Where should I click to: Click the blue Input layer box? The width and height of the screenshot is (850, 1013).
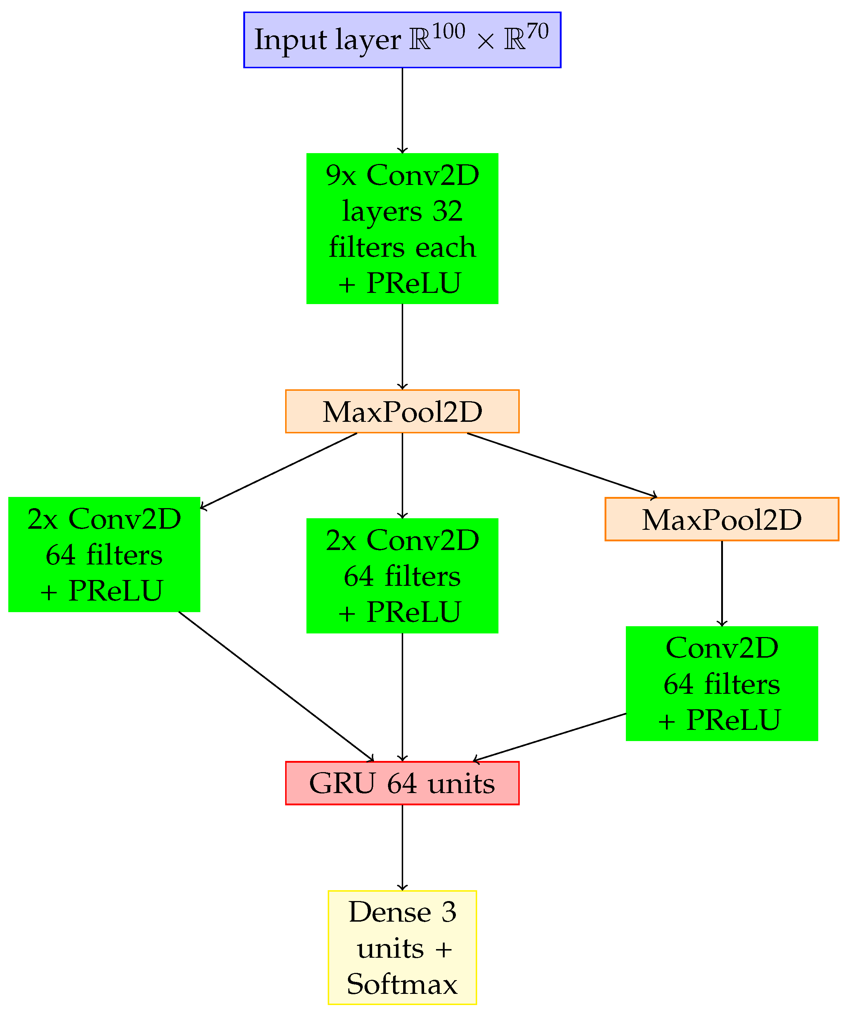tap(402, 40)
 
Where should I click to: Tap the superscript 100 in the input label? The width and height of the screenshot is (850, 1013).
tap(448, 32)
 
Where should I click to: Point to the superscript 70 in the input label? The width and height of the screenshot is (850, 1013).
tap(537, 32)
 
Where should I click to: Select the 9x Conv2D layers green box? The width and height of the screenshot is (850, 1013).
tap(402, 228)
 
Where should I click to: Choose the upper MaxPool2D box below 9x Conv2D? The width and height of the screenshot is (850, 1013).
tap(402, 411)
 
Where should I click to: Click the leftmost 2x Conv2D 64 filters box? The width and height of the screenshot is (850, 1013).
tap(104, 555)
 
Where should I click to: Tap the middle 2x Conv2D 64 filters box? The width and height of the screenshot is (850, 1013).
tap(402, 576)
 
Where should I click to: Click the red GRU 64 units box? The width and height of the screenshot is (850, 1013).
tap(402, 783)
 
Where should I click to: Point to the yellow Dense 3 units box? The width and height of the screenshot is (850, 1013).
tap(402, 948)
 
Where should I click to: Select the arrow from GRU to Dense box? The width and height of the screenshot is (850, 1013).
tap(402, 847)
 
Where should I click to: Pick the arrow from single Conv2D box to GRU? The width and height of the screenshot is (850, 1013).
tap(550, 737)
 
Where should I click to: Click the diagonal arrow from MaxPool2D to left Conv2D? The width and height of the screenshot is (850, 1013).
tap(279, 471)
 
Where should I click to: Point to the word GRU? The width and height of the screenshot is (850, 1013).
tap(342, 783)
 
